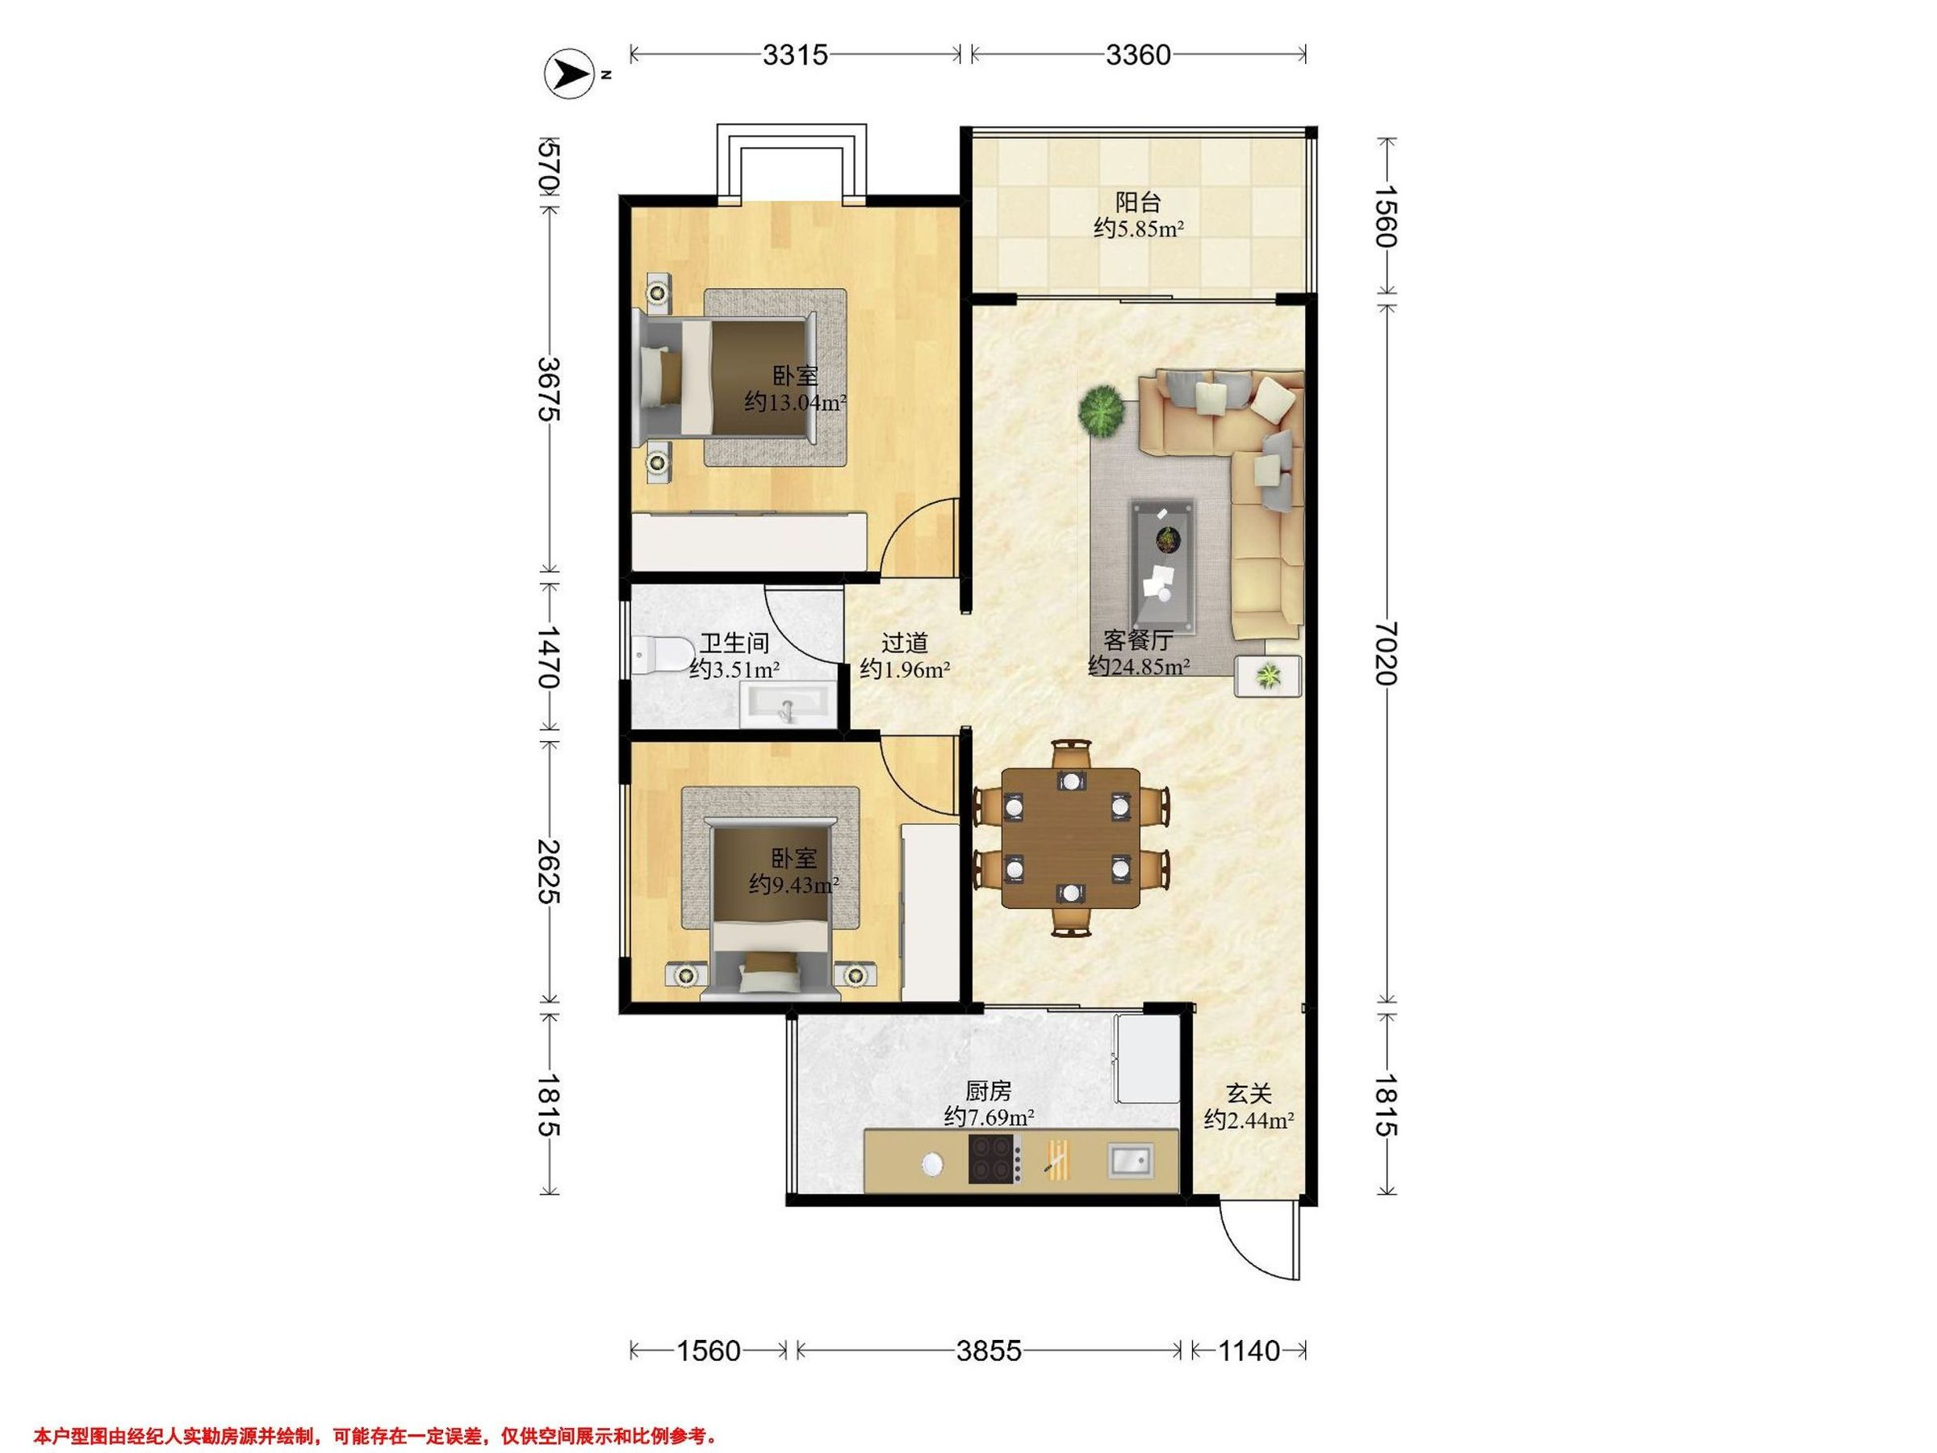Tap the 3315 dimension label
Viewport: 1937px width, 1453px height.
[x=795, y=55]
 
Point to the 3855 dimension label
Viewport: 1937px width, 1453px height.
[x=989, y=1351]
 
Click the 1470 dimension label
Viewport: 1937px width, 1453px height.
[x=550, y=656]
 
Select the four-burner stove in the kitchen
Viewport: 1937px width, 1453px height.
[x=995, y=1158]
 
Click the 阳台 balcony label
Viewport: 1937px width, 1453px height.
[x=1138, y=203]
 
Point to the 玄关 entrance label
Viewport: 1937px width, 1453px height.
[x=1249, y=1094]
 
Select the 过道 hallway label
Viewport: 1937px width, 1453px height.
[x=905, y=643]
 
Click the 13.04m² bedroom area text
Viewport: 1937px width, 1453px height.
[x=795, y=403]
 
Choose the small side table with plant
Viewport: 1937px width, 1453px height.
[x=1267, y=676]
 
